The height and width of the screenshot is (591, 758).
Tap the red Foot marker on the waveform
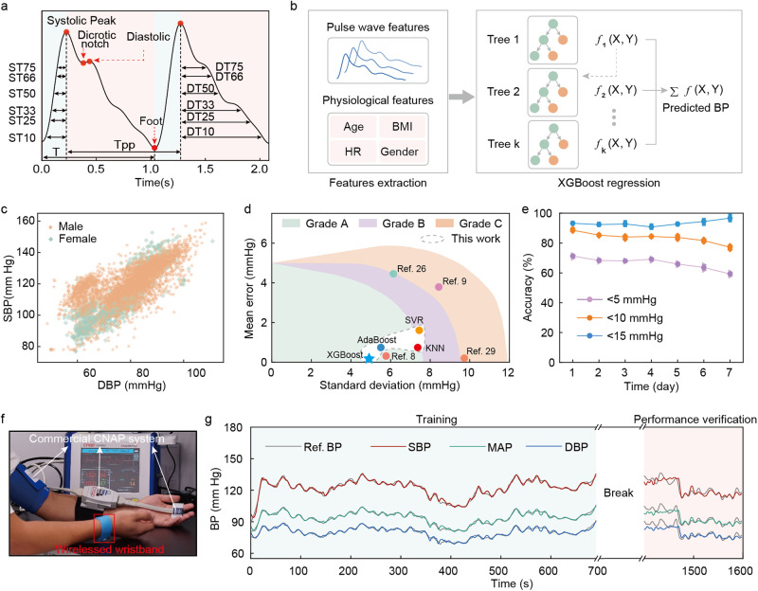(153, 145)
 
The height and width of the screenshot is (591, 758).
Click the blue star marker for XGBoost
(370, 359)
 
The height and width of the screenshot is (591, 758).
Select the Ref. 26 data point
(393, 274)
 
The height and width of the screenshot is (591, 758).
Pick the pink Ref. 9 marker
(439, 286)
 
